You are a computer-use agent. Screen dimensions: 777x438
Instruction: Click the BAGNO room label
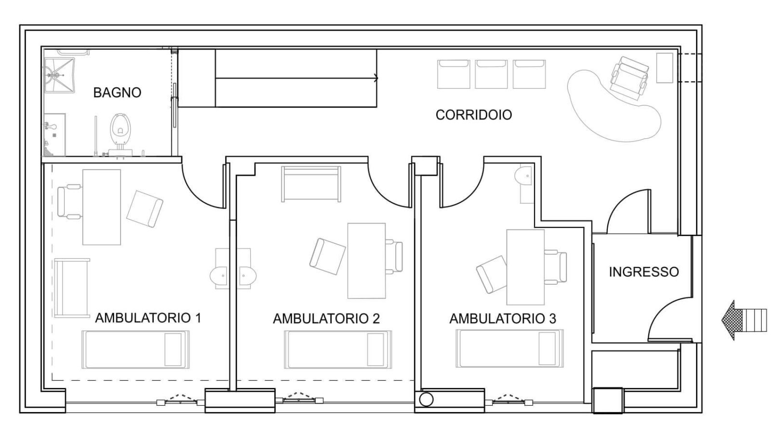click(x=117, y=93)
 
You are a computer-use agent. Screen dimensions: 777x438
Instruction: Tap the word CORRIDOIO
click(x=473, y=115)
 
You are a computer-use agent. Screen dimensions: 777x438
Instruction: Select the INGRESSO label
click(x=644, y=272)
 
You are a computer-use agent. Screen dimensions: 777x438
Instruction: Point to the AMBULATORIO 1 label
click(x=148, y=318)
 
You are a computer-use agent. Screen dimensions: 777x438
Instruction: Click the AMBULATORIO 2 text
click(x=326, y=319)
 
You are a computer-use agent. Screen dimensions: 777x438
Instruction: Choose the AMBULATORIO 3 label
click(x=503, y=319)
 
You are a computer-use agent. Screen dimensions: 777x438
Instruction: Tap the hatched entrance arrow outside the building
click(x=744, y=320)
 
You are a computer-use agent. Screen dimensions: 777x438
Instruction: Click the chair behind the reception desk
click(x=629, y=79)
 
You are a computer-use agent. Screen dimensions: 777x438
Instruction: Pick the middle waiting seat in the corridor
click(x=491, y=74)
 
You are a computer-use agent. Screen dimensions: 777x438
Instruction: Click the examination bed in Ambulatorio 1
click(x=135, y=349)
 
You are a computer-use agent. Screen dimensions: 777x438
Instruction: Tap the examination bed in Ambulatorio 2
click(x=338, y=349)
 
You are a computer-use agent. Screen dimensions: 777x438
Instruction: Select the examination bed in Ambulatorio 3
click(x=509, y=348)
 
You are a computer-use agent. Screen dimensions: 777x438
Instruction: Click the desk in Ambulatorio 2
click(x=367, y=261)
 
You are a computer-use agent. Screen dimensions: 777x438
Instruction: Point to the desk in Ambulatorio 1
click(x=102, y=207)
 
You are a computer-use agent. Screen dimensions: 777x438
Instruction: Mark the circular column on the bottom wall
click(x=426, y=399)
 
